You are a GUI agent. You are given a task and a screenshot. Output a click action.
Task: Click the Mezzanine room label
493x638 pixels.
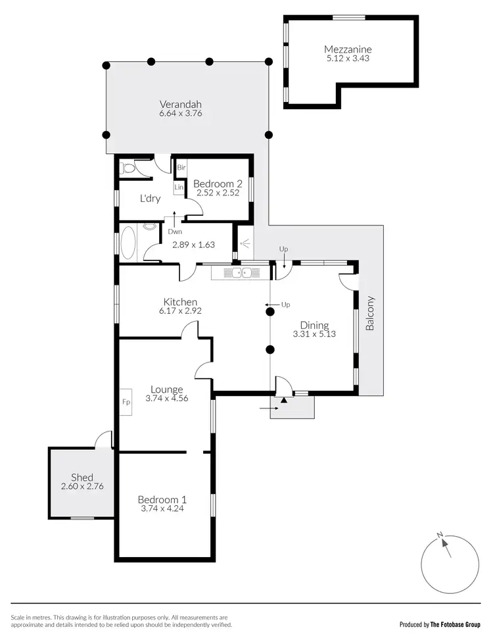pyautogui.click(x=348, y=49)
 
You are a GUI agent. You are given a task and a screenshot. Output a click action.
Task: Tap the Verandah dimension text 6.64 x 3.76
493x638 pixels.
pyautogui.click(x=180, y=113)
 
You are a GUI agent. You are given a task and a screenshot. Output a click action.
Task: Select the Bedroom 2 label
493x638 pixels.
pyautogui.click(x=218, y=184)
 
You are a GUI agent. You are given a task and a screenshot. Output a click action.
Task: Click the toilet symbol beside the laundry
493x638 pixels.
pyautogui.click(x=128, y=168)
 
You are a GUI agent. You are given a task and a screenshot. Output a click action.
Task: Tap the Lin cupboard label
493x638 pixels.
pyautogui.click(x=179, y=188)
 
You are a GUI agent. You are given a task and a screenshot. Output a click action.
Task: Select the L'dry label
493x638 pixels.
pyautogui.click(x=151, y=197)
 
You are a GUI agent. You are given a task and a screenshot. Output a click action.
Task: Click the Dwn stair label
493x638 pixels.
pyautogui.click(x=174, y=232)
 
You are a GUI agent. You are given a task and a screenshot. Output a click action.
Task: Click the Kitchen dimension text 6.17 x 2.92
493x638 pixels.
pyautogui.click(x=179, y=311)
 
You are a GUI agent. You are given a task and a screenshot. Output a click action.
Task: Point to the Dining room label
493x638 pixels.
pyautogui.click(x=314, y=325)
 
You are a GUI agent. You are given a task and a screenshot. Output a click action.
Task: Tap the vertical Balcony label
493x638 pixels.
pyautogui.click(x=370, y=313)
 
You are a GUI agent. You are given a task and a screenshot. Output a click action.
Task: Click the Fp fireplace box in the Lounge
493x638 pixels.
pyautogui.click(x=126, y=402)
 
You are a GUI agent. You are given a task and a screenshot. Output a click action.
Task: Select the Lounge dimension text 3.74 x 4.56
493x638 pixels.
pyautogui.click(x=167, y=398)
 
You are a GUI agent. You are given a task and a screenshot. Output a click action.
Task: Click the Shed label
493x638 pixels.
pyautogui.click(x=82, y=478)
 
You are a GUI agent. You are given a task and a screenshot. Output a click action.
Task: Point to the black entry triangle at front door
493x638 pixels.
pyautogui.click(x=283, y=399)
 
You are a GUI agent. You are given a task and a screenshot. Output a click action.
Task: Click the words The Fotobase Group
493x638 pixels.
pyautogui.click(x=456, y=624)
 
